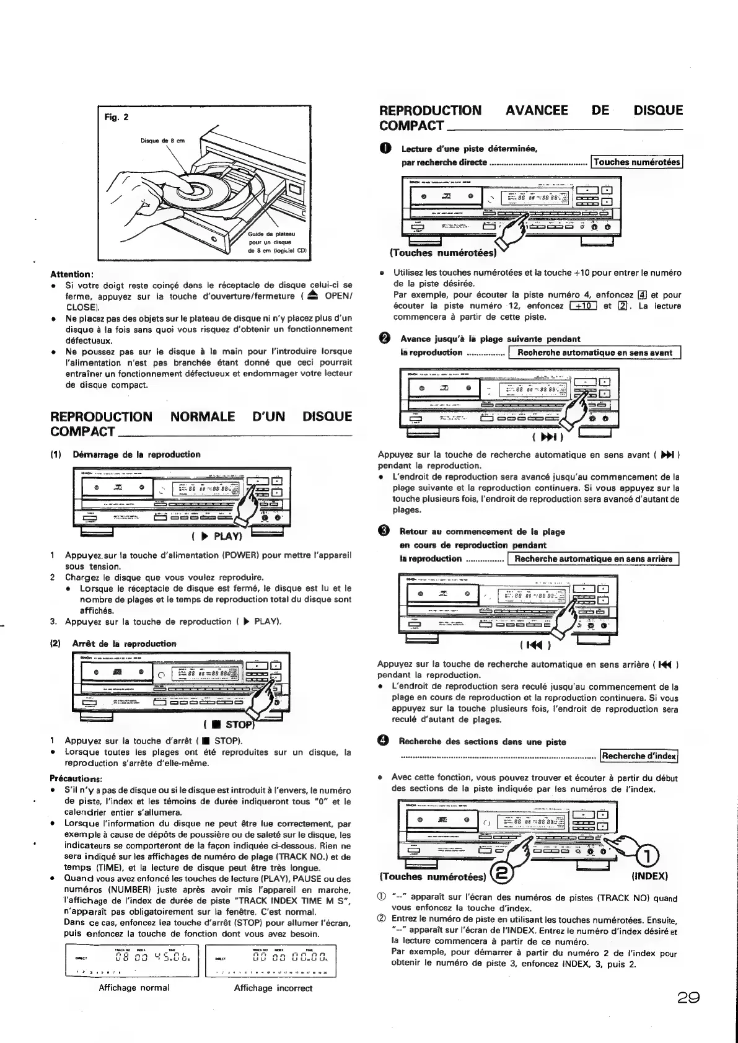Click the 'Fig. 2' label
tap(116, 117)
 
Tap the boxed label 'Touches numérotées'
tap(636, 162)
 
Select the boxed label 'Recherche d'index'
tap(639, 756)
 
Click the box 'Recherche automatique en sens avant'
tap(594, 353)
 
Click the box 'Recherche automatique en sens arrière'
tap(593, 559)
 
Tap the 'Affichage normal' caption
tap(134, 988)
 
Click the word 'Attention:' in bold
tap(72, 274)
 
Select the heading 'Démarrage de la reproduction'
tap(136, 454)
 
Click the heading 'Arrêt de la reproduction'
tap(124, 643)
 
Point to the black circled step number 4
tap(384, 742)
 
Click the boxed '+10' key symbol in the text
tap(582, 306)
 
